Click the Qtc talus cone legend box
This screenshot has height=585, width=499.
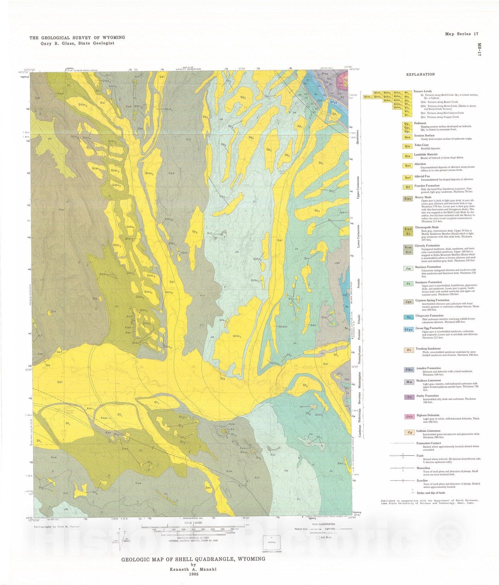[x=407, y=146]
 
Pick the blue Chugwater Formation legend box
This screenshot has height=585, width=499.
[x=408, y=317]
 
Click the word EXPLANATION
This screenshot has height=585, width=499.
[x=421, y=74]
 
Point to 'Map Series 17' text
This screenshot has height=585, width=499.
[x=461, y=34]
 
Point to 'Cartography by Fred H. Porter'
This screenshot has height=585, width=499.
[x=57, y=526]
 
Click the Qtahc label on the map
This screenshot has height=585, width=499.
[x=283, y=327]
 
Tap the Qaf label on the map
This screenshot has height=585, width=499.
[x=59, y=352]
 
